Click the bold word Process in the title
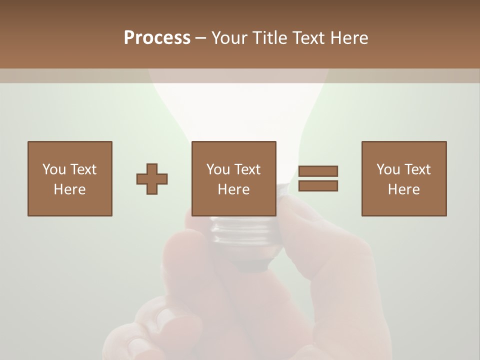point(157,38)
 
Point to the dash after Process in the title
point(201,38)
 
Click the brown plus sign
point(152,179)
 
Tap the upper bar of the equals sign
point(318,171)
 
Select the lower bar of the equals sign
point(318,186)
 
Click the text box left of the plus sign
point(69,178)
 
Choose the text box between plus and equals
point(233,178)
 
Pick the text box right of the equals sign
point(403,178)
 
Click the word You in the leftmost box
point(54,169)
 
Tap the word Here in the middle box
point(233,189)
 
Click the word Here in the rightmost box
point(403,189)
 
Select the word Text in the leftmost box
point(83,169)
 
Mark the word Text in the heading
point(310,38)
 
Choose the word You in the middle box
point(218,169)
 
